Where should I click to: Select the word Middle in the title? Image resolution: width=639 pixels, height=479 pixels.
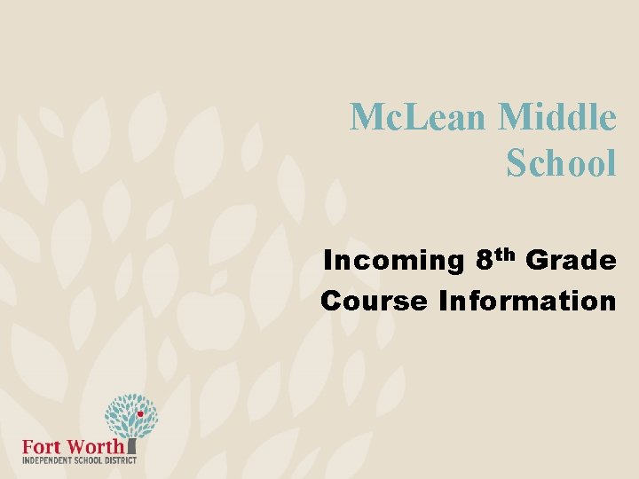point(556,117)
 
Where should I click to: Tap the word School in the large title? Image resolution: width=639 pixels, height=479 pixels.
point(561,162)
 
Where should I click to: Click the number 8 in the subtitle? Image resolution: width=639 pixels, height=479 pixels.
point(484,261)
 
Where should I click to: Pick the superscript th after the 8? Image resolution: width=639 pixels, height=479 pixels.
point(504,255)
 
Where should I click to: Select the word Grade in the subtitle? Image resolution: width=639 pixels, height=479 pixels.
point(571,261)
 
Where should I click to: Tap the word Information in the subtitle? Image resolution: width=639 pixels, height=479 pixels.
point(527,301)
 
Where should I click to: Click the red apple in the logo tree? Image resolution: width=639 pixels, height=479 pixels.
point(140,414)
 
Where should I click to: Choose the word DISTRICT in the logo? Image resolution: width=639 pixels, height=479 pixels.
point(118,461)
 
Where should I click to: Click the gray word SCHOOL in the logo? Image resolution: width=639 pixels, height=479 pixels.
point(85,461)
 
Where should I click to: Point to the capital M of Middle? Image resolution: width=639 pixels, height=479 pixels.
point(517,117)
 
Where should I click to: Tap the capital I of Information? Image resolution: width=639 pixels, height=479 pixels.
point(443,301)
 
